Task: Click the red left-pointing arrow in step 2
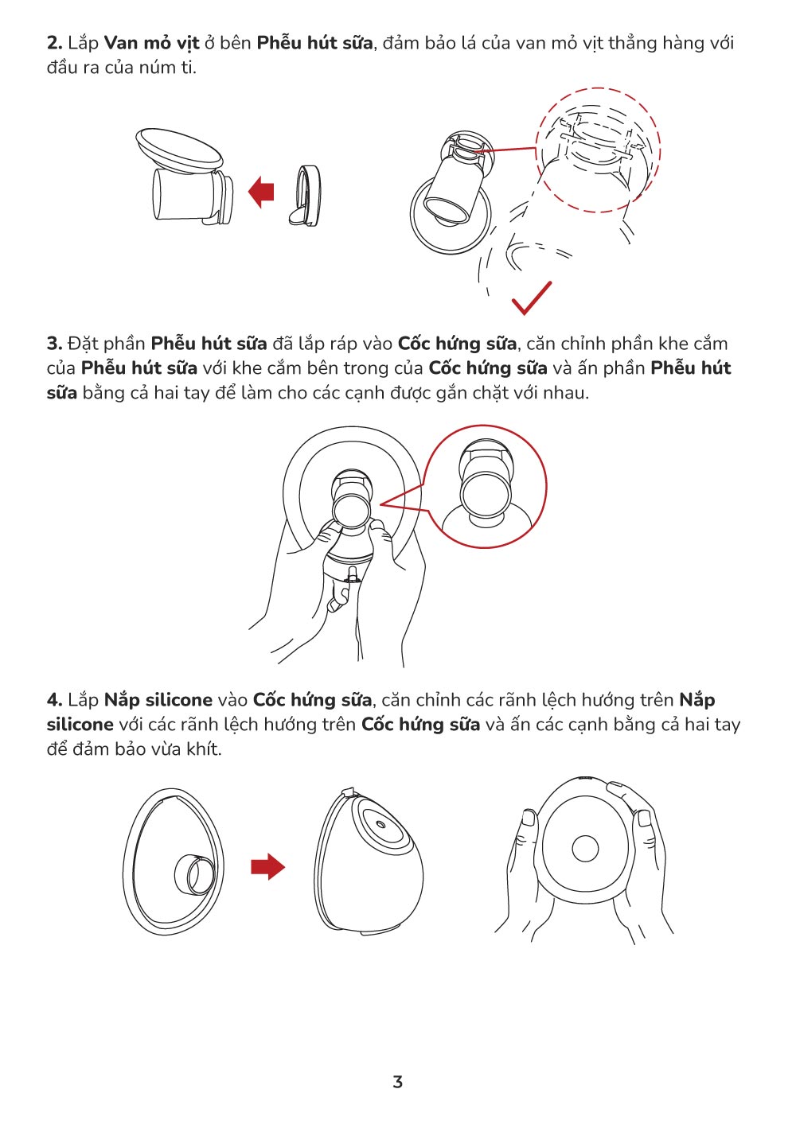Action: click(261, 191)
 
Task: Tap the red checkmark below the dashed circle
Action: click(532, 299)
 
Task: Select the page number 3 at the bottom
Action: click(398, 1081)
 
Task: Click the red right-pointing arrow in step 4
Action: click(267, 866)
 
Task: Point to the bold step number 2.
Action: click(54, 43)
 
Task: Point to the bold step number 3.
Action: click(54, 344)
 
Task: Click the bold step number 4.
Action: click(54, 700)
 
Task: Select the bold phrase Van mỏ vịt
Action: click(152, 43)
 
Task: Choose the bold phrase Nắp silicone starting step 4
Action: click(158, 700)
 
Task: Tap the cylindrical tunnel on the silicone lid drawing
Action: click(195, 874)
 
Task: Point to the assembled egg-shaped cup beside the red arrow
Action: click(368, 861)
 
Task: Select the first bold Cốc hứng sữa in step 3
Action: click(457, 344)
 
